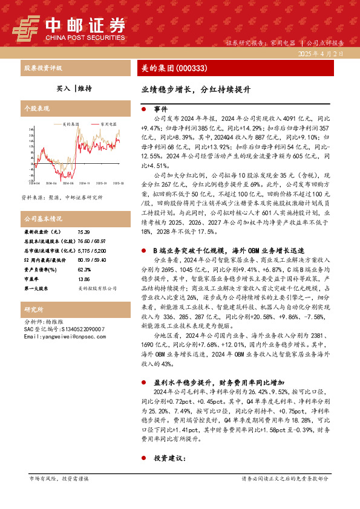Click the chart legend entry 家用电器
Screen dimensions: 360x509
pos(106,123)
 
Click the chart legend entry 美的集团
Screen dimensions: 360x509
pos(71,123)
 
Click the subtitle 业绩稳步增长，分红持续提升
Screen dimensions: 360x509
pos(196,89)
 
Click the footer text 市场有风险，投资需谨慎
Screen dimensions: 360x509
pos(59,478)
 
